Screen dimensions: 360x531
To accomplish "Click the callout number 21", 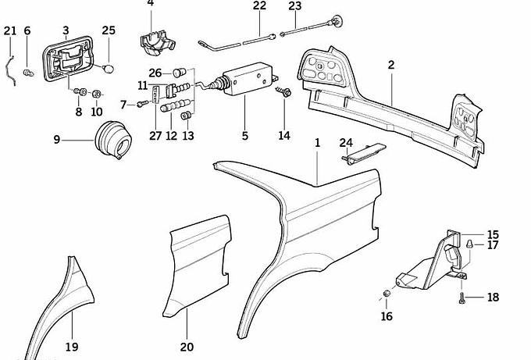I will coord(9,30).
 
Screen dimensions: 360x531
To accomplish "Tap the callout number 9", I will coord(56,140).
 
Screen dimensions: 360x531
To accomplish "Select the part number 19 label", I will coord(71,347).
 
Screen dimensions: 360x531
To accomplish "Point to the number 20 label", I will coord(187,347).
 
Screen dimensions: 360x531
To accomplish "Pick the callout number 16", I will coord(387,316).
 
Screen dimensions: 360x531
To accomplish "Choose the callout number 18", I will coord(492,298).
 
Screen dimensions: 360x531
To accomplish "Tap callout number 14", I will coord(283,135).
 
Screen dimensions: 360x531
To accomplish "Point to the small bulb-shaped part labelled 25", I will coord(110,68).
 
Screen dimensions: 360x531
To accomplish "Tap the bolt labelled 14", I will coord(283,94).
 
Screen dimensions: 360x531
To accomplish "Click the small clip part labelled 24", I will coord(362,154).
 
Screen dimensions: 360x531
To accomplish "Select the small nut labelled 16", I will coord(386,294).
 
